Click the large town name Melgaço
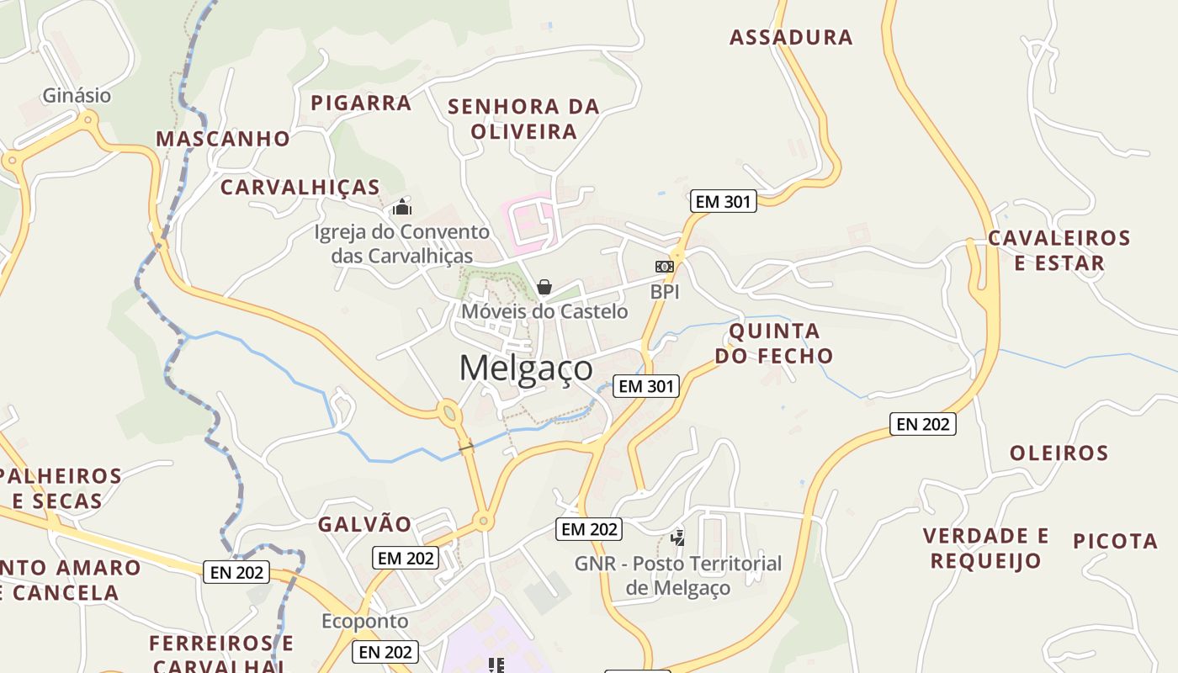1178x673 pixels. click(x=526, y=368)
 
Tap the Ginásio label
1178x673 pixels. click(x=77, y=96)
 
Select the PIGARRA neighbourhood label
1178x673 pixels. click(x=361, y=103)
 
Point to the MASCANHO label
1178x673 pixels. click(x=223, y=139)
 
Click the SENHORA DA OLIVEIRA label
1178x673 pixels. click(x=523, y=119)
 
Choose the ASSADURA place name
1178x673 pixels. click(x=791, y=37)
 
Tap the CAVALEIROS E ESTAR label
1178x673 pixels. click(x=1059, y=250)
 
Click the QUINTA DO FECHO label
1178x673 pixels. click(x=774, y=343)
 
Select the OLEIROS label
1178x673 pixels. click(x=1059, y=453)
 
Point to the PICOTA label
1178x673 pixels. click(x=1116, y=541)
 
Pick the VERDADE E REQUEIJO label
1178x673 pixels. click(x=985, y=548)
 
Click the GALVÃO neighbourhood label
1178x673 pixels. click(x=364, y=525)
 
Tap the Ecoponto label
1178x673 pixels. click(x=364, y=622)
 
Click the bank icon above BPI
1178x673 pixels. click(x=665, y=267)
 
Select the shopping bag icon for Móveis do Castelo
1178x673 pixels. click(x=544, y=288)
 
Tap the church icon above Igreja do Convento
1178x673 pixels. click(x=402, y=206)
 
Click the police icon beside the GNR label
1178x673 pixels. click(x=677, y=538)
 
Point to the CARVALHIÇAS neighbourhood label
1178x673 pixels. click(x=300, y=188)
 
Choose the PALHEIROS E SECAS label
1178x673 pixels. click(x=59, y=489)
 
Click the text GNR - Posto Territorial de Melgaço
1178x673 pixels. click(x=678, y=575)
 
